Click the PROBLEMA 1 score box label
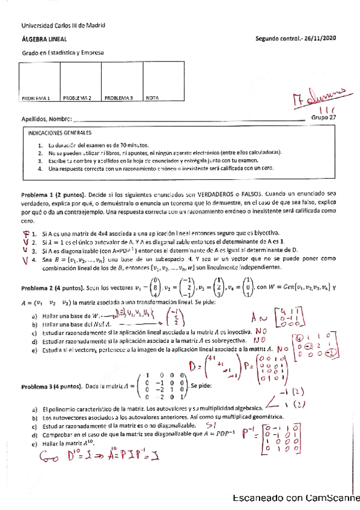[x=35, y=97]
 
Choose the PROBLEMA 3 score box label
[x=118, y=97]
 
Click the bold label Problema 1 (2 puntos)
[x=54, y=196]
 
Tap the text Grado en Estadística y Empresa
[x=63, y=53]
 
